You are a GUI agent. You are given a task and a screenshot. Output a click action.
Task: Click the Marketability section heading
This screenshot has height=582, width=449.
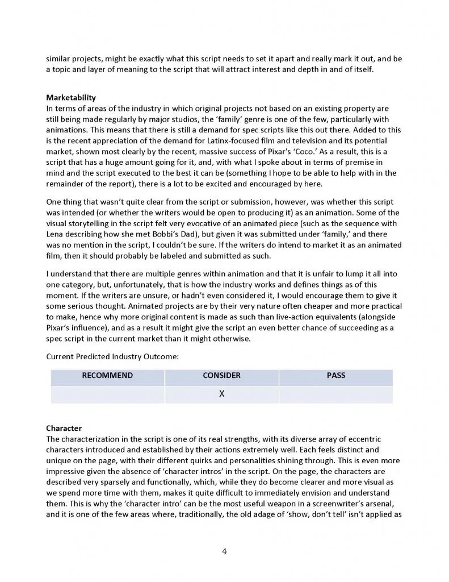pyautogui.click(x=71, y=98)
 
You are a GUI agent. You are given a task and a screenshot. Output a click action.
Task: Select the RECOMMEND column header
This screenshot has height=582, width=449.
pyautogui.click(x=107, y=376)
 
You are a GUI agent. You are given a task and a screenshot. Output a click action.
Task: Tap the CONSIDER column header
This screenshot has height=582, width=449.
pyautogui.click(x=221, y=376)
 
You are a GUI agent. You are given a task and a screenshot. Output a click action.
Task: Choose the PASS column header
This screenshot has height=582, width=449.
pyautogui.click(x=335, y=376)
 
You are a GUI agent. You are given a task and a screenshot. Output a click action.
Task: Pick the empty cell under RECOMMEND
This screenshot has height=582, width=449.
pyautogui.click(x=107, y=394)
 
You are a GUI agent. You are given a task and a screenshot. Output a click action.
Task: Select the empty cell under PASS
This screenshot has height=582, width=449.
pyautogui.click(x=335, y=394)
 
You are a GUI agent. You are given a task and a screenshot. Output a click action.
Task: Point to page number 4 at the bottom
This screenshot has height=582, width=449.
pyautogui.click(x=225, y=551)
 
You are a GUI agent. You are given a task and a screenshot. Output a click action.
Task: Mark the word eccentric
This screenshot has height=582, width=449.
pyautogui.click(x=367, y=439)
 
